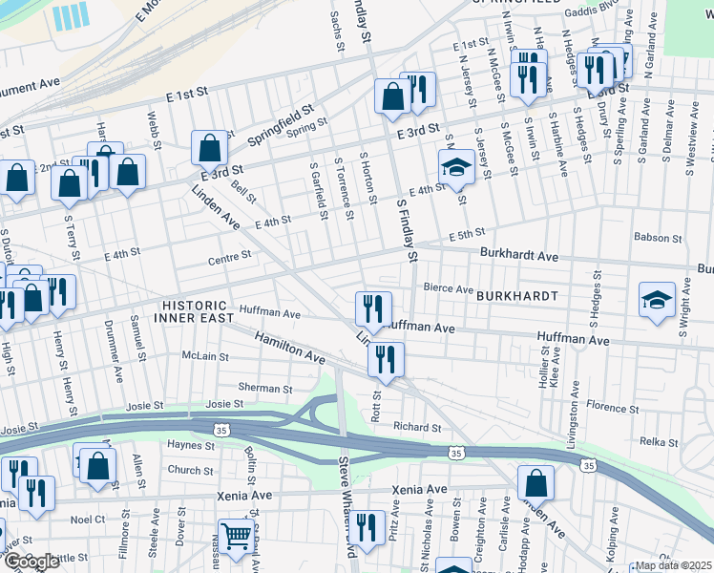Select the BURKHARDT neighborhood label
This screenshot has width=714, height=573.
(x=517, y=296)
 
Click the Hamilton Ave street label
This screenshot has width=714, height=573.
(x=290, y=347)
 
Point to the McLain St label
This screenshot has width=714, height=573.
(x=205, y=356)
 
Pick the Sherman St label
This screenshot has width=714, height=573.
(x=264, y=389)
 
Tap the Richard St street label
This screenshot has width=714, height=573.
(x=416, y=428)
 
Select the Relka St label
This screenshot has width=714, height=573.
(x=658, y=441)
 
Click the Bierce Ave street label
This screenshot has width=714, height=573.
(x=449, y=288)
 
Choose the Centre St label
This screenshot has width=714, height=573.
(x=230, y=256)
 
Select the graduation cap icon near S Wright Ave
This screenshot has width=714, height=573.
(x=658, y=300)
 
